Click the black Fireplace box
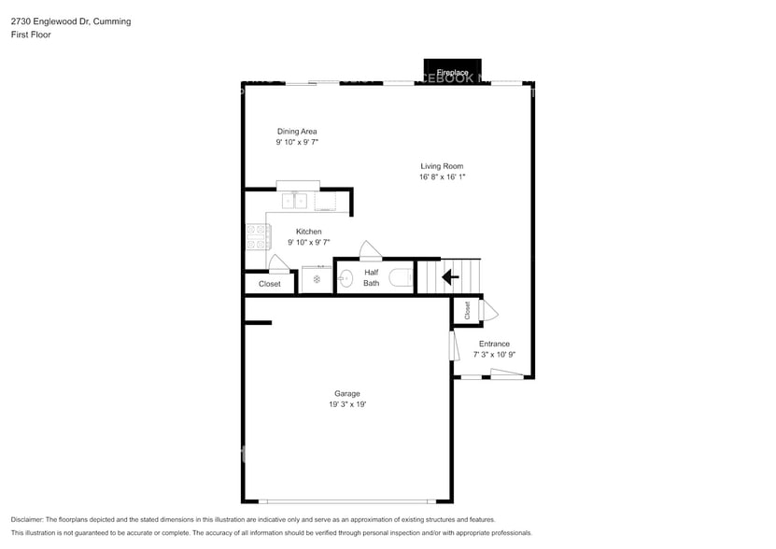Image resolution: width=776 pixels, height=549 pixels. (453, 71)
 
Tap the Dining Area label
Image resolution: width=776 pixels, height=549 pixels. (297, 132)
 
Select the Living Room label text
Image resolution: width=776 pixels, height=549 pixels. (442, 166)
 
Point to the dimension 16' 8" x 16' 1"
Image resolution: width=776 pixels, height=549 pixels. (442, 177)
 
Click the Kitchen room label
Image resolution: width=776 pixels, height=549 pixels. (309, 232)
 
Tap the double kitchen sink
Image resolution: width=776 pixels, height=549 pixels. (295, 200)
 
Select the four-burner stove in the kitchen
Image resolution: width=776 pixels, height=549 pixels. (255, 238)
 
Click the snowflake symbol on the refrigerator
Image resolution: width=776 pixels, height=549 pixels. (317, 279)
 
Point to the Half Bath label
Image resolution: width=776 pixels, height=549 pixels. (371, 277)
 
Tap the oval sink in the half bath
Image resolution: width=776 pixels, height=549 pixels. (345, 278)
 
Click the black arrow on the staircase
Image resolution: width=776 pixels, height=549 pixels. (449, 277)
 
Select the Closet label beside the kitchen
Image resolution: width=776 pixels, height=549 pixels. (269, 284)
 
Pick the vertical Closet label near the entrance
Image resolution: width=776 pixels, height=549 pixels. (467, 311)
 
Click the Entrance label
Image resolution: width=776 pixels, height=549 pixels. (494, 344)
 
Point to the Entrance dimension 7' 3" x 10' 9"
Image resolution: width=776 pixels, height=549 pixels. (494, 355)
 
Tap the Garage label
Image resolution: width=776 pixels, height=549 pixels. (347, 393)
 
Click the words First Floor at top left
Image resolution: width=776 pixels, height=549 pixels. (31, 35)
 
